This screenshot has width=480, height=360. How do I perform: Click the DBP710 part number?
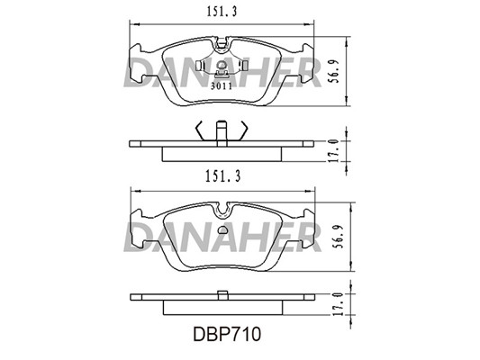click(x=227, y=334)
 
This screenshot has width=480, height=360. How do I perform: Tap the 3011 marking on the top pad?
click(x=222, y=86)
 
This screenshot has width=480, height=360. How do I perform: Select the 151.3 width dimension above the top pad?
click(x=222, y=12)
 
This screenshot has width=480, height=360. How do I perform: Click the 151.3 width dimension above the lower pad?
click(x=222, y=176)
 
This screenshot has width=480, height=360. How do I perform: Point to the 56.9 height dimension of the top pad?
click(x=334, y=72)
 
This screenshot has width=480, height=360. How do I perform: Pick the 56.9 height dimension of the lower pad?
click(x=339, y=237)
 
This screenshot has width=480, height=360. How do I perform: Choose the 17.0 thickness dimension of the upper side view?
click(x=335, y=151)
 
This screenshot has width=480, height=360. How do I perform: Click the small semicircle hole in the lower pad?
click(x=222, y=229)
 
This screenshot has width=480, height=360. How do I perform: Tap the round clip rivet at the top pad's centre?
click(x=221, y=65)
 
